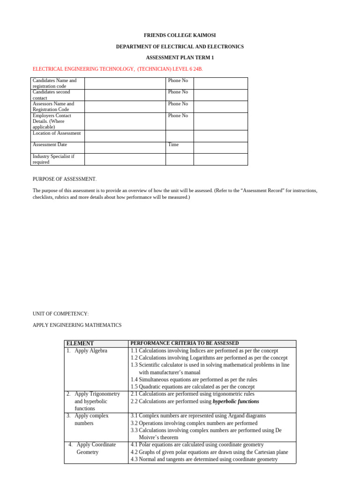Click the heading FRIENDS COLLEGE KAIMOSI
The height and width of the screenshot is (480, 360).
[x=180, y=36]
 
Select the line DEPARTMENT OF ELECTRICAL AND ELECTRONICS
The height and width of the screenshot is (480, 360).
[x=180, y=47]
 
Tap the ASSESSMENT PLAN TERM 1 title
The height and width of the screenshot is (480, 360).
[x=180, y=58]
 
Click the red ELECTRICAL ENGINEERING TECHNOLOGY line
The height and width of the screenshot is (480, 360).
[x=118, y=69]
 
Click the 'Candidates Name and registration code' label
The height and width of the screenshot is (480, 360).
[x=54, y=83]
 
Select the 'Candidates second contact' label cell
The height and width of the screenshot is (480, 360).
[x=52, y=95]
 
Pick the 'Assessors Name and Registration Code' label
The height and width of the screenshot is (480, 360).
[x=53, y=106]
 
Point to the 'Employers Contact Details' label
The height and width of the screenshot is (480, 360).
[x=52, y=121]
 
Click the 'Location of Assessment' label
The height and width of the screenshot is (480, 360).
[x=57, y=133]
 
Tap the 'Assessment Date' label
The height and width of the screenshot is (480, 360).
[x=50, y=145]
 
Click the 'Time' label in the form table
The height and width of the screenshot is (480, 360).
[x=173, y=145]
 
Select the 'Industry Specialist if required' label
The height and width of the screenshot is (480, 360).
[x=53, y=159]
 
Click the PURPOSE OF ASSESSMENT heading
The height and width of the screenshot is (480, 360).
[x=65, y=179]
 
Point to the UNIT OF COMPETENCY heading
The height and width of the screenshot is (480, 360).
[x=60, y=314]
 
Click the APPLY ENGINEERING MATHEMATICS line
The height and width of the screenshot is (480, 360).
[x=77, y=325]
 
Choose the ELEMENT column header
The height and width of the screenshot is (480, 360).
[x=80, y=344]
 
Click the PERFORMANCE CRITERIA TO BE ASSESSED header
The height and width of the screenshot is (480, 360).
[x=185, y=343]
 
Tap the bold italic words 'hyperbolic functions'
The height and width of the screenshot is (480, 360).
[x=236, y=402]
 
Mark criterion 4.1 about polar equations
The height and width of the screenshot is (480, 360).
[x=197, y=444]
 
